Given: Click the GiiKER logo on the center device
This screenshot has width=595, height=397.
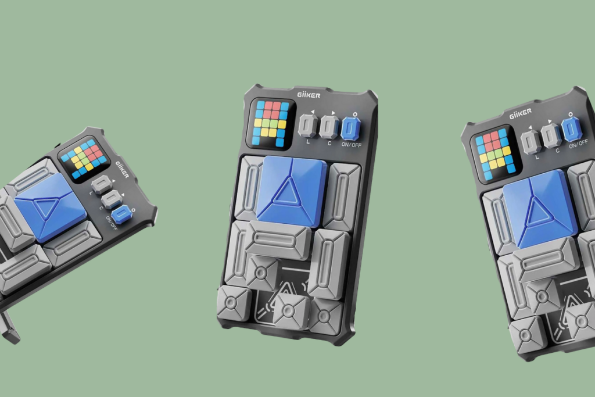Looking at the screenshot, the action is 309,95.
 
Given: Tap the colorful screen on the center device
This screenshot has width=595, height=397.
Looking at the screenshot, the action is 271,124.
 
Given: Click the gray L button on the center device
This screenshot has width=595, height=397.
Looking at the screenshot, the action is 308,126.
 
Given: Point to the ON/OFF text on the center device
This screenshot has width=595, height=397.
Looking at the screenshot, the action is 352,145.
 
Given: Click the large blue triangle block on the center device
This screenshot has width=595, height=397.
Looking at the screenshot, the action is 292,191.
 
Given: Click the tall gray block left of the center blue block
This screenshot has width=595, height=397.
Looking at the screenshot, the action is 249,188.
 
